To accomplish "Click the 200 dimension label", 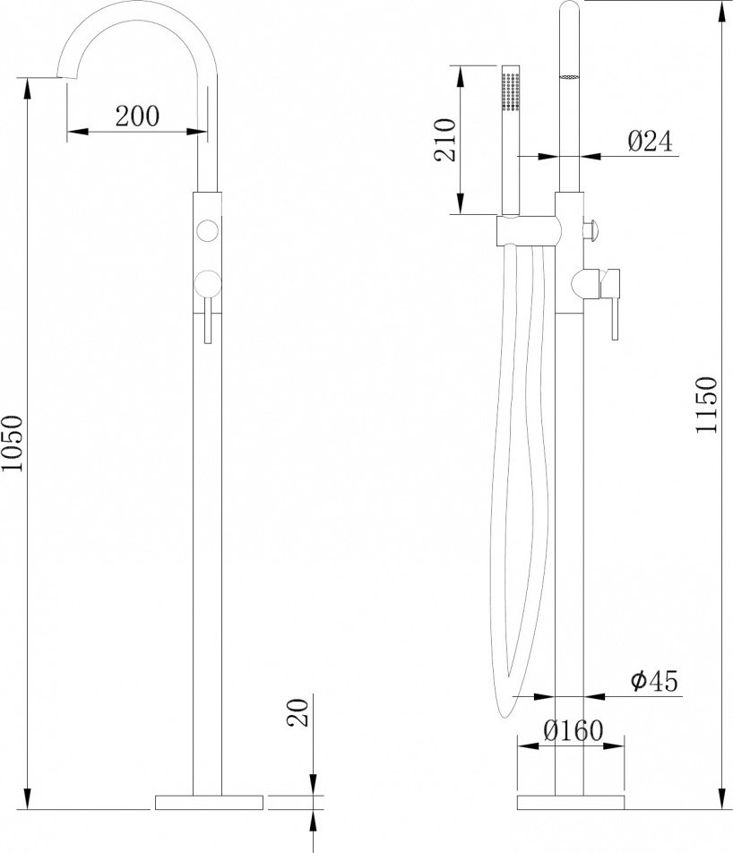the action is [x=137, y=116].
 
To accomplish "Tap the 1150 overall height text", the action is [x=707, y=405].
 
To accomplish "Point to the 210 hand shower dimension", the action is [x=444, y=140].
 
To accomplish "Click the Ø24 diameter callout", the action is [x=651, y=141].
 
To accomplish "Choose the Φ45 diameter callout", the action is [x=655, y=681].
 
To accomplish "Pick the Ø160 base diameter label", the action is [x=573, y=730].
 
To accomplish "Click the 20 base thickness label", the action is [x=298, y=712].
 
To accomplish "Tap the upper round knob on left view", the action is [x=207, y=230].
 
